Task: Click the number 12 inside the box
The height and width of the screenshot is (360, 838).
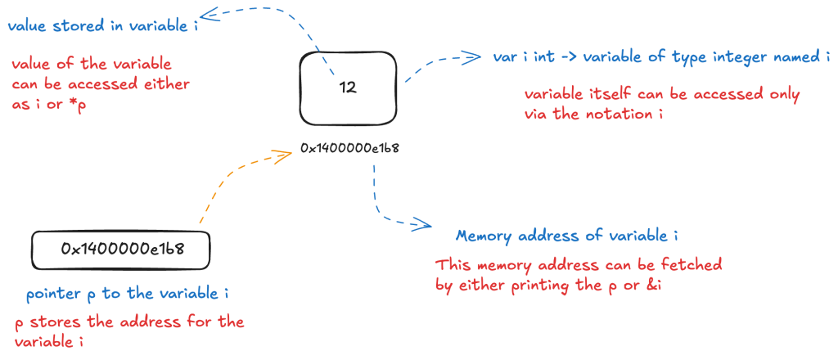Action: click(347, 86)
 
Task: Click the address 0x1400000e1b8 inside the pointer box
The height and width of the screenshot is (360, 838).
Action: click(120, 249)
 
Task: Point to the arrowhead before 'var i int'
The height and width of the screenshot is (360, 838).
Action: click(471, 57)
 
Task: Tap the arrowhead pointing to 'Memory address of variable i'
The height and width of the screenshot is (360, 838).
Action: click(422, 225)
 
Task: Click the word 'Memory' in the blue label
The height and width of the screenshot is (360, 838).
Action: click(483, 236)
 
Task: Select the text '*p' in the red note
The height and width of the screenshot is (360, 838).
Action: click(78, 106)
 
